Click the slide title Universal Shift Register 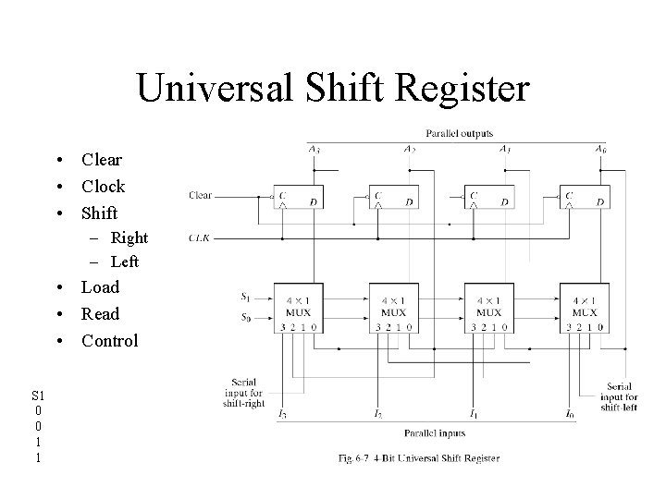point(333,89)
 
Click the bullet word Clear point(102,160)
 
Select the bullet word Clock point(103,186)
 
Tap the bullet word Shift point(100,213)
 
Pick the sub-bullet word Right point(129,237)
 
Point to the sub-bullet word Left point(124,262)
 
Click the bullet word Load point(100,287)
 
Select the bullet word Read point(100,313)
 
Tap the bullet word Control point(109,340)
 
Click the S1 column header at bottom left point(37,395)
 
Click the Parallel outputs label point(460,132)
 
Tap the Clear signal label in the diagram point(200,195)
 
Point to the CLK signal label point(199,237)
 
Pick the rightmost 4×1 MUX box point(584,306)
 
